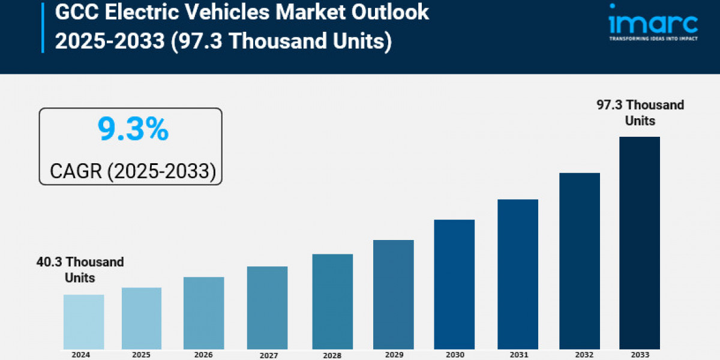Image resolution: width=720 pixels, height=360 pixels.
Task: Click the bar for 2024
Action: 83,322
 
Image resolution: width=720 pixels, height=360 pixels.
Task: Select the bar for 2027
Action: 267,308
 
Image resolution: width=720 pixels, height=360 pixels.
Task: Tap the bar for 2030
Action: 454,284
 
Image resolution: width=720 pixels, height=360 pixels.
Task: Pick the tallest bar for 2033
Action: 640,243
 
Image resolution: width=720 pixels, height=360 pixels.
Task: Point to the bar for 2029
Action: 393,295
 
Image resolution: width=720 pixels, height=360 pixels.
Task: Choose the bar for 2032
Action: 580,261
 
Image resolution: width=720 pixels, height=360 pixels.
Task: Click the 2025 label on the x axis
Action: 142,355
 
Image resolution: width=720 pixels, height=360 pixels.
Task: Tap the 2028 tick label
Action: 332,355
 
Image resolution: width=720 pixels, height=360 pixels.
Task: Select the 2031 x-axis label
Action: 518,355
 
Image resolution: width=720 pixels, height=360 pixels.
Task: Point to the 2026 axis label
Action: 203,355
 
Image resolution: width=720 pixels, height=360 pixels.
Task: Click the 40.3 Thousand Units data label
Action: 79,270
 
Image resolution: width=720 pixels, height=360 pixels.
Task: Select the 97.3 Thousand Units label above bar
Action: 640,113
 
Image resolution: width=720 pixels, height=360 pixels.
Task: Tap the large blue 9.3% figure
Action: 133,130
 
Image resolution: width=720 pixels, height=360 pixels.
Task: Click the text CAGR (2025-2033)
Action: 133,171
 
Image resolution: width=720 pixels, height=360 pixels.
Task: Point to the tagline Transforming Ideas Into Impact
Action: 652,39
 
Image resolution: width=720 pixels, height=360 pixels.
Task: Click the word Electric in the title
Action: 138,12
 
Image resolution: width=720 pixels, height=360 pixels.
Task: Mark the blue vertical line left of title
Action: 43,26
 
